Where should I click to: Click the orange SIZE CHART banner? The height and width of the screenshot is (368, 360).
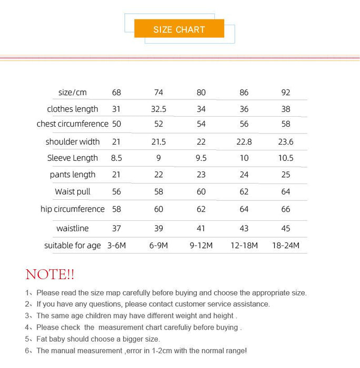(x=179, y=29)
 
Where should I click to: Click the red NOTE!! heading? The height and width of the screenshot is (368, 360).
(x=50, y=274)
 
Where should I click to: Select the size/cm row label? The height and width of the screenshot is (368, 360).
(x=73, y=93)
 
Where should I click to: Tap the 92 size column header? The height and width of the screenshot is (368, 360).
(x=286, y=93)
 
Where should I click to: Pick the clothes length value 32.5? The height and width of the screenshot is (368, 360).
(x=158, y=109)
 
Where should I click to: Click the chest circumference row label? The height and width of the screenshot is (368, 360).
(x=73, y=124)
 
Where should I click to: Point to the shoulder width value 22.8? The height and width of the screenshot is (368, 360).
(x=244, y=142)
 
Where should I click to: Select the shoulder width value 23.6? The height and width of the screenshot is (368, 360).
(x=286, y=142)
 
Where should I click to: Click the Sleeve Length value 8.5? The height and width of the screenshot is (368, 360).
(x=116, y=158)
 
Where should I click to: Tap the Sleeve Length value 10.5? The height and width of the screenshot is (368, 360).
(x=286, y=158)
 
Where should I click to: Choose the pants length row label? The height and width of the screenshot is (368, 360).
(x=73, y=175)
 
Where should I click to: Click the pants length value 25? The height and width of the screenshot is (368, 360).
(x=286, y=175)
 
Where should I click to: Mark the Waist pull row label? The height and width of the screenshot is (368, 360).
(x=73, y=192)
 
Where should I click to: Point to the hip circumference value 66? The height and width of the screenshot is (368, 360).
(x=286, y=209)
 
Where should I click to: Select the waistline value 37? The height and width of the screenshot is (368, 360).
(x=116, y=229)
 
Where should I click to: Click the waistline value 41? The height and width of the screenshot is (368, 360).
(x=201, y=229)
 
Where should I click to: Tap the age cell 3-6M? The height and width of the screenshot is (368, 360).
(x=116, y=246)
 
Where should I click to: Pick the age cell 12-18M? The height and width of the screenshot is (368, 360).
(x=244, y=246)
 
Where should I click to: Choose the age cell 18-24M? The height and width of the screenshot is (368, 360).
(x=286, y=246)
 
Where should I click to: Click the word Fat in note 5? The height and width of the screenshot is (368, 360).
(x=43, y=339)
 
